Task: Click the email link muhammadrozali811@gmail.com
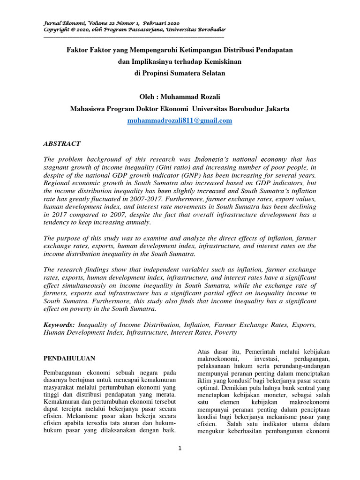[x=180, y=120]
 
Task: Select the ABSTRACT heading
[x=62, y=143]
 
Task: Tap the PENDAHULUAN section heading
[x=69, y=358]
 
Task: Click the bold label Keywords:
[x=59, y=324]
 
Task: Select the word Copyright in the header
[x=56, y=30]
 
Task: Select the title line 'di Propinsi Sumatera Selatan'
[x=180, y=73]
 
